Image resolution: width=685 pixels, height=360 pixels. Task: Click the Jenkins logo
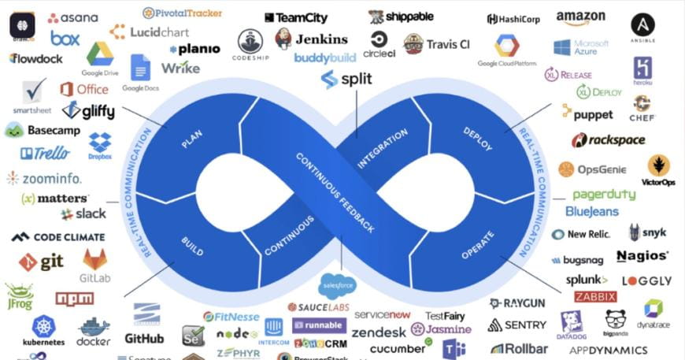pyautogui.click(x=311, y=39)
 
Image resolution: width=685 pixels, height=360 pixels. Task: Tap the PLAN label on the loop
pyautogui.click(x=192, y=139)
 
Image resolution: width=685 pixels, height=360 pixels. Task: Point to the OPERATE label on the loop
pyautogui.click(x=478, y=245)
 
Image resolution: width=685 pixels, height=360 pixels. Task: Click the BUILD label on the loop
pyautogui.click(x=192, y=246)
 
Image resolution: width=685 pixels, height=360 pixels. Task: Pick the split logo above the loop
pyautogui.click(x=346, y=79)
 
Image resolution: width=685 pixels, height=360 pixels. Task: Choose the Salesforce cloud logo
pyautogui.click(x=338, y=284)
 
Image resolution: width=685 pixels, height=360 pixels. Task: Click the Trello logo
pyautogui.click(x=45, y=153)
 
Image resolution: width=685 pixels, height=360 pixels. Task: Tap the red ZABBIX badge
pyautogui.click(x=595, y=297)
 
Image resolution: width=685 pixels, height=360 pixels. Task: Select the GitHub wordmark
pyautogui.click(x=144, y=338)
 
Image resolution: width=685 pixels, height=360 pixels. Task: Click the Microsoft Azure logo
pyautogui.click(x=581, y=47)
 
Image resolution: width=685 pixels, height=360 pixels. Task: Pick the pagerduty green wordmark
pyautogui.click(x=604, y=195)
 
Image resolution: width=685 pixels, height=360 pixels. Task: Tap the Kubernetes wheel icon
pyautogui.click(x=43, y=326)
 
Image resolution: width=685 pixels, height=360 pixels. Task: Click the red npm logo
pyautogui.click(x=75, y=299)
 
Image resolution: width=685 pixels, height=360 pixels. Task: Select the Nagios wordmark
pyautogui.click(x=642, y=256)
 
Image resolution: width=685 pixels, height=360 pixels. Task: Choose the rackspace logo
pyautogui.click(x=608, y=140)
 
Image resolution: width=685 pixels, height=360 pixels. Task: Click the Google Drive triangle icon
pyautogui.click(x=100, y=54)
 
